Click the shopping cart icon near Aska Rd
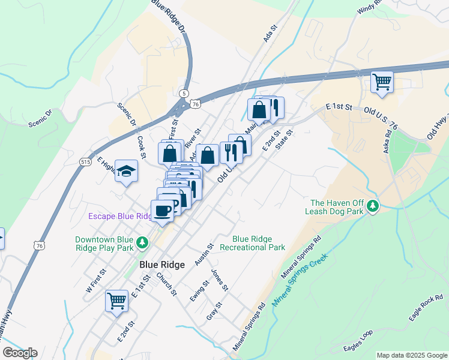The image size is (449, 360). coord(382,81)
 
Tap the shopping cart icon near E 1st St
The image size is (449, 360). coord(116,300)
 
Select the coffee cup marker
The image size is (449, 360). coord(163,211)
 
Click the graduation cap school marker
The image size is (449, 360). coord(126,172)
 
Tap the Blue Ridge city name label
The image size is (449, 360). coord(162,264)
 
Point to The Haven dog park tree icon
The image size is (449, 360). coord(373,207)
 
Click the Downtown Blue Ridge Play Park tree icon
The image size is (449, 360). coord(142,242)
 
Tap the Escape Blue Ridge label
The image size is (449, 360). coord(120,216)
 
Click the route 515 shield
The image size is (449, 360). coord(85,162)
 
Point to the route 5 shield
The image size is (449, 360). coord(184,93)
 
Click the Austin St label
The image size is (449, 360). coord(204,255)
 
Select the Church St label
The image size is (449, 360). coord(166,284)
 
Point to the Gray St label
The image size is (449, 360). coord(214,310)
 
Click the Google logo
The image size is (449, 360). coord(20,353)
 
